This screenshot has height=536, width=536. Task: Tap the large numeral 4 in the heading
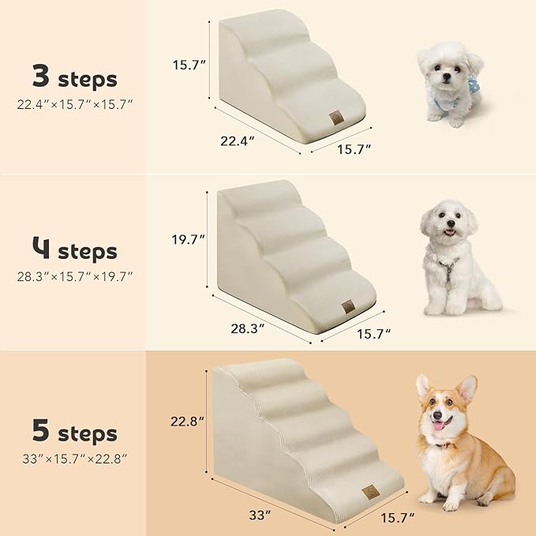tap(41, 251)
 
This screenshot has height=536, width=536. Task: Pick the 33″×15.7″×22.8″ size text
tap(76, 457)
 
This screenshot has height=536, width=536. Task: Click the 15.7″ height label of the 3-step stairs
tap(189, 66)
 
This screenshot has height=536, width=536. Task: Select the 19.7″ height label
tap(189, 238)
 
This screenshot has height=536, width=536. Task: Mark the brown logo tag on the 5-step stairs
tap(369, 492)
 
